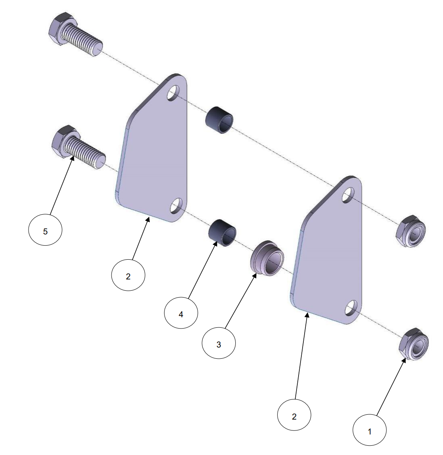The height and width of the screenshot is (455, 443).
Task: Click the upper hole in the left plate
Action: click(x=173, y=93)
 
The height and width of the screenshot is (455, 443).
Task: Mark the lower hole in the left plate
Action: click(x=176, y=206)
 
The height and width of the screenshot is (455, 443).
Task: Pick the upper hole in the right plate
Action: click(x=348, y=195)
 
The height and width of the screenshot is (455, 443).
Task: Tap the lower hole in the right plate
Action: click(x=351, y=308)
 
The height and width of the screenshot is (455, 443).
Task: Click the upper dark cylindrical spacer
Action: click(x=219, y=120)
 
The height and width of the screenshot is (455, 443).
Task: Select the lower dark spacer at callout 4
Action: click(x=223, y=233)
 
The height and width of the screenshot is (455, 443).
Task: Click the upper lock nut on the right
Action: click(x=410, y=231)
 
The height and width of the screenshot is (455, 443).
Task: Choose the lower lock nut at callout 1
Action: click(x=414, y=344)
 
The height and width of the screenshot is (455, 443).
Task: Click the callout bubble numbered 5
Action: click(x=45, y=230)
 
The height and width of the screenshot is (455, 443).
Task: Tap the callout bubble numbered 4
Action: click(x=181, y=313)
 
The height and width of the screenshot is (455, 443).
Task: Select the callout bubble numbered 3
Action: click(x=219, y=343)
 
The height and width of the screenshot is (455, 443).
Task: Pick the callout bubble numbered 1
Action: click(x=370, y=430)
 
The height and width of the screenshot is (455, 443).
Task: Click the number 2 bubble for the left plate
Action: click(x=128, y=275)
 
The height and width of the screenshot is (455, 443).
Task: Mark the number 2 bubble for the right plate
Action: click(x=294, y=415)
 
